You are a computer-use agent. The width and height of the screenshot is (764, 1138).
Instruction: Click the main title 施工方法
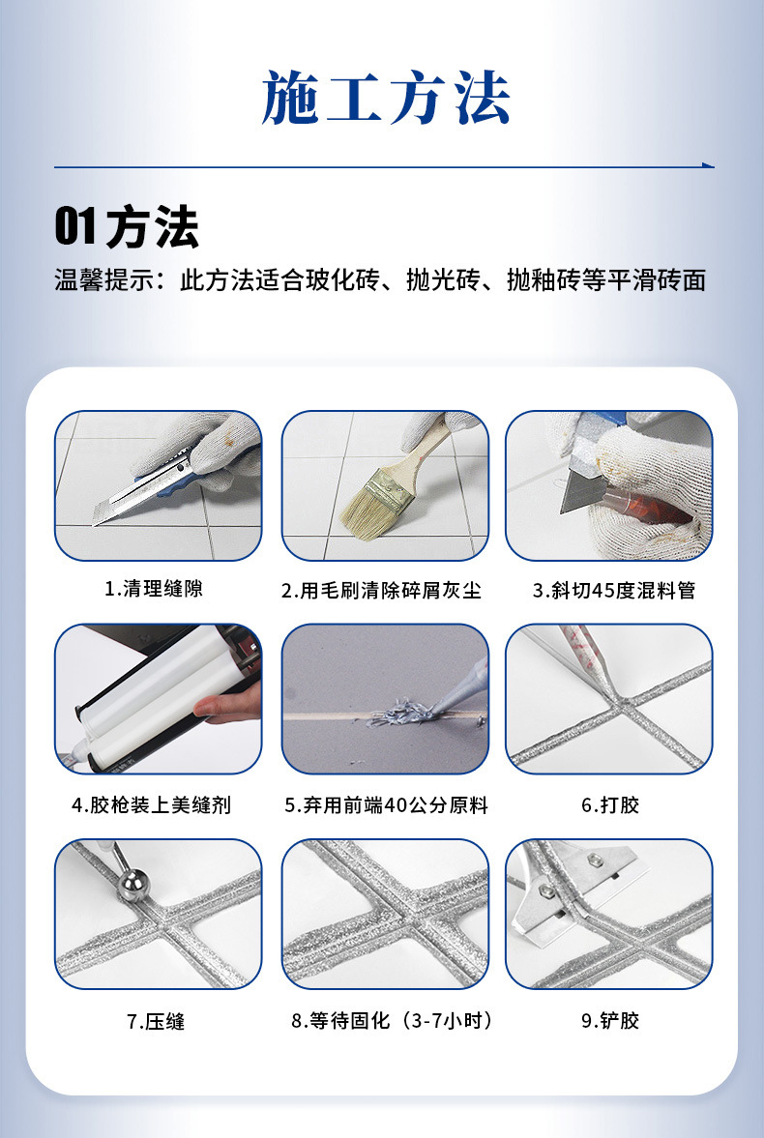click(385, 98)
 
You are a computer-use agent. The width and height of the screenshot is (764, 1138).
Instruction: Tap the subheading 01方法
click(126, 227)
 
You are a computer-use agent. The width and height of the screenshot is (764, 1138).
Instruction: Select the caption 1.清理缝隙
click(154, 588)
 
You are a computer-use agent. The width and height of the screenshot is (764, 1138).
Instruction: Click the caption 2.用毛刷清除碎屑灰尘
click(381, 590)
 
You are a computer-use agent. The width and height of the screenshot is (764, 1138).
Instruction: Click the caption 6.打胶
click(610, 804)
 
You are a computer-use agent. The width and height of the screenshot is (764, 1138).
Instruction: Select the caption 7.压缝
click(156, 1021)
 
